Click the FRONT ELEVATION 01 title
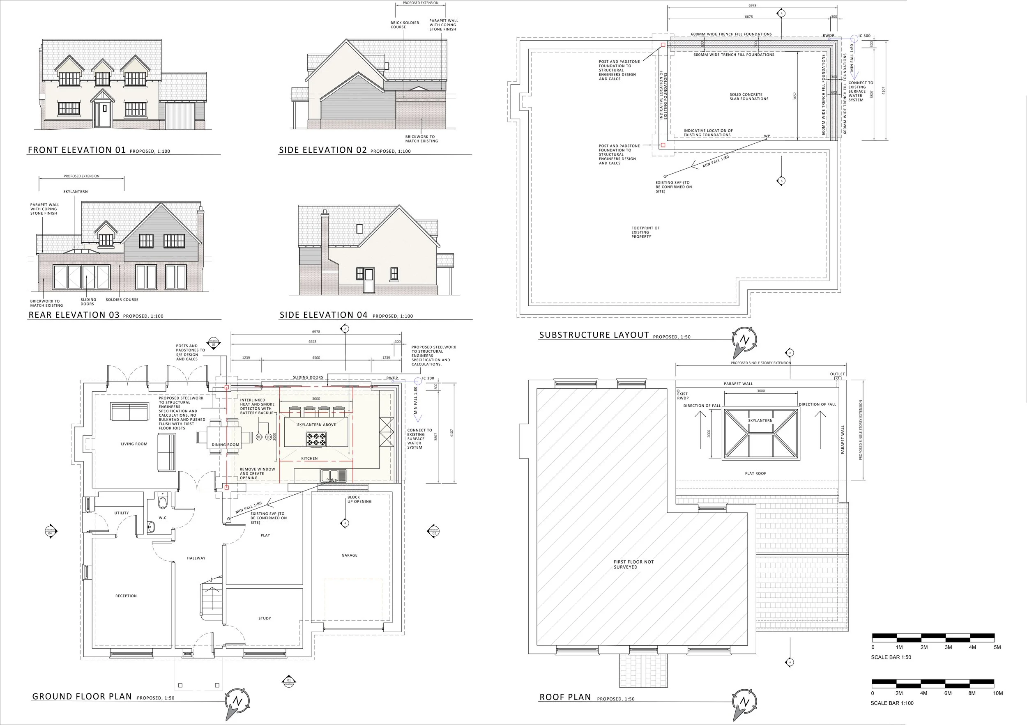[77, 150]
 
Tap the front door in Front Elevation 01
[104, 115]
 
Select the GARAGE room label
[349, 555]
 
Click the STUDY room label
[265, 618]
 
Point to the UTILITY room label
[121, 513]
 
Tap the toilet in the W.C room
[162, 502]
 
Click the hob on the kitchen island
[316, 439]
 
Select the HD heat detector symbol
[259, 437]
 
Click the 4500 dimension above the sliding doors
[316, 358]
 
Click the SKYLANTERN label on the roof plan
[760, 421]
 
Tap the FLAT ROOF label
[755, 473]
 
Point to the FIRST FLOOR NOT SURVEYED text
[633, 564]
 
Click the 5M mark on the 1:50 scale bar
[997, 647]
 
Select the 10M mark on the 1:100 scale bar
[997, 693]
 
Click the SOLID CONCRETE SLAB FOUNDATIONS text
[749, 96]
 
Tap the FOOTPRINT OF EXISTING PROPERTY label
[645, 232]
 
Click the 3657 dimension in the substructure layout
[795, 96]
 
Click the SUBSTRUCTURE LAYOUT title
[594, 335]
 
